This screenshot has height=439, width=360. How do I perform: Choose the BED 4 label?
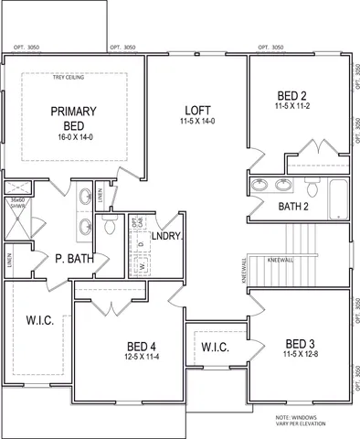[143, 346]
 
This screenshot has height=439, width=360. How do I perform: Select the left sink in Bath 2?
[259, 187]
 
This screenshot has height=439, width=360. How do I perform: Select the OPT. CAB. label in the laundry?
[135, 223]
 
